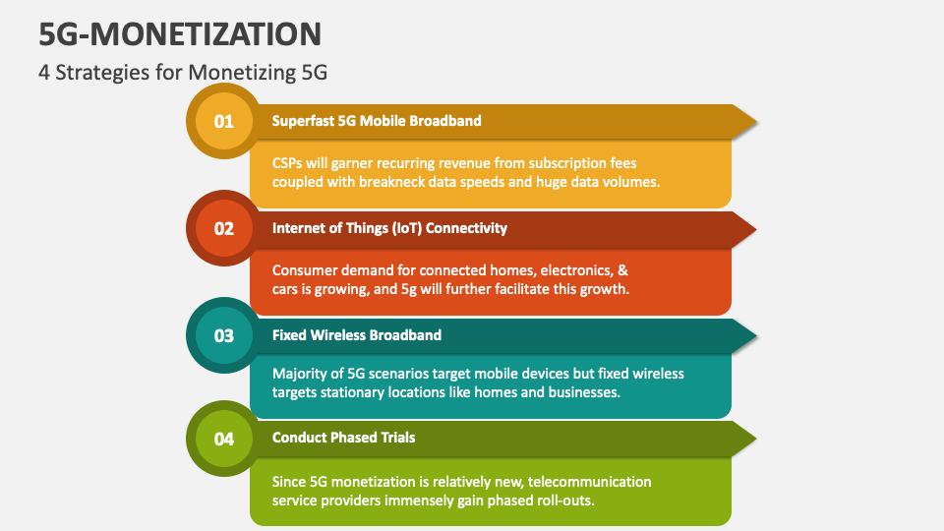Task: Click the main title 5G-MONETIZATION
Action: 181,34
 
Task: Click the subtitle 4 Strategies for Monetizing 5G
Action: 183,73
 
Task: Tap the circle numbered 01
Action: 224,122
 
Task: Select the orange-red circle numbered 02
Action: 224,229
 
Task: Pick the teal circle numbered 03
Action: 224,335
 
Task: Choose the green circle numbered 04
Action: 224,439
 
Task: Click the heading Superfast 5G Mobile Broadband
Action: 377,121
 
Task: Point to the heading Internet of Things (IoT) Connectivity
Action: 389,228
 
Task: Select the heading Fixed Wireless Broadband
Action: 357,335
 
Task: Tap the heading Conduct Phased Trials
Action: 343,438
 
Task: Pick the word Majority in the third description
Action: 302,374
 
